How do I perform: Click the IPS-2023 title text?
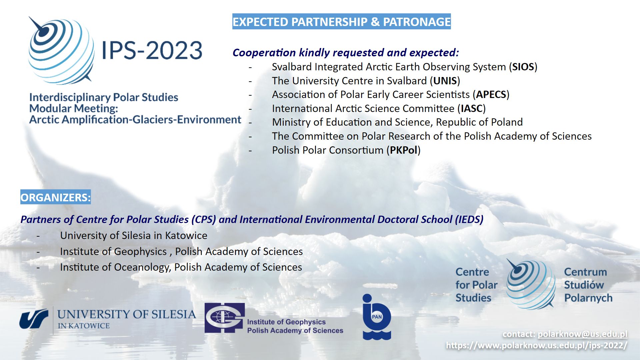click(x=152, y=51)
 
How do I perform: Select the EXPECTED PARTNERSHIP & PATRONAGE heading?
click(x=341, y=22)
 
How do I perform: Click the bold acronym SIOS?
click(x=523, y=67)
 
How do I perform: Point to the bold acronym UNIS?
click(x=445, y=81)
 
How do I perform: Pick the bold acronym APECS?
click(x=491, y=95)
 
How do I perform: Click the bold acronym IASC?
click(x=472, y=109)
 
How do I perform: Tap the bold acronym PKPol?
click(x=404, y=150)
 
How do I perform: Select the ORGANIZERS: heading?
click(x=55, y=197)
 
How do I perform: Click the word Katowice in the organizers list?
click(x=186, y=236)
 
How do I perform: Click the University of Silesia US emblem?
click(x=34, y=319)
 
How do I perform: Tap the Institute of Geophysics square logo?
click(x=225, y=318)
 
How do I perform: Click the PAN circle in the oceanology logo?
click(x=377, y=317)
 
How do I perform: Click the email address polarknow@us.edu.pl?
click(x=582, y=334)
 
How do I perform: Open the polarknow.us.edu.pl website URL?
click(x=537, y=345)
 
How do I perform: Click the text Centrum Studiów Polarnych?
click(x=588, y=285)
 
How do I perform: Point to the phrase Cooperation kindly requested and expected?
click(x=346, y=53)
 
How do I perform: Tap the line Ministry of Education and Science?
click(x=397, y=122)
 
